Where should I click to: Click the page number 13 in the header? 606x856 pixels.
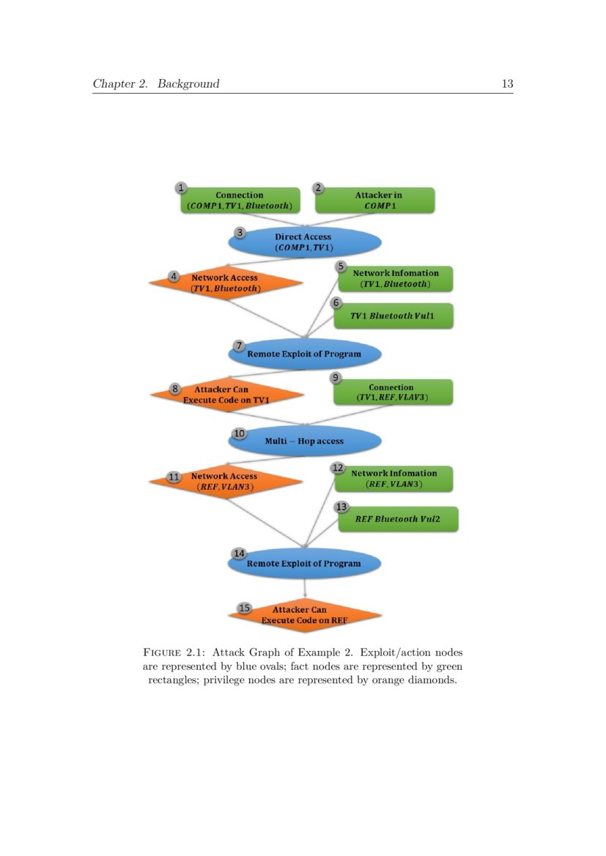[507, 83]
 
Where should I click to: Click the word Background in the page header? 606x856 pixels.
[188, 83]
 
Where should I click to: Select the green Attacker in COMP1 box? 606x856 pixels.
[374, 200]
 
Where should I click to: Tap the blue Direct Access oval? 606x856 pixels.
[303, 242]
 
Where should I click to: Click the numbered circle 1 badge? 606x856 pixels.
[182, 188]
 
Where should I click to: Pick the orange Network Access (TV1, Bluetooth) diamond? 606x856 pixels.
[226, 283]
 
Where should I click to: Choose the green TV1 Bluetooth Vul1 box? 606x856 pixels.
[393, 316]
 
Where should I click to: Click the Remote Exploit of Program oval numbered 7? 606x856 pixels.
[304, 354]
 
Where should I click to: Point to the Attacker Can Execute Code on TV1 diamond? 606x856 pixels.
[227, 395]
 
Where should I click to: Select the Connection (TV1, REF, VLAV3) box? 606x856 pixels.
[393, 392]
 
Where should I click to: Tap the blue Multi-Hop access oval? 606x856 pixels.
[304, 441]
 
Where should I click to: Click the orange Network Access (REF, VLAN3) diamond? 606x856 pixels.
[226, 481]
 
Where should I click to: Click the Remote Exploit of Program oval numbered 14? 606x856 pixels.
[304, 563]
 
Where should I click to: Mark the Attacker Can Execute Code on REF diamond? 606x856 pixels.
[304, 614]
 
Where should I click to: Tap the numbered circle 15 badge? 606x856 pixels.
[245, 608]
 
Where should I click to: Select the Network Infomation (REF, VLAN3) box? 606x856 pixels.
[393, 478]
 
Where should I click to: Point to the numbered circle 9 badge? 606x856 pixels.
[335, 378]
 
